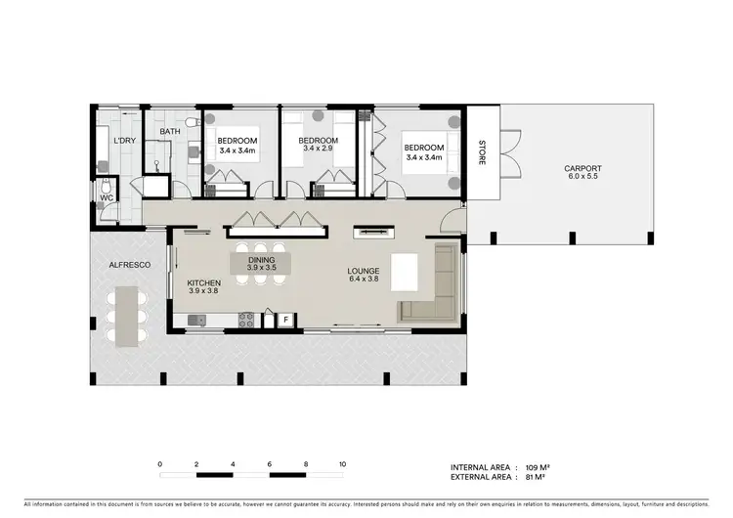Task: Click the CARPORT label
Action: tap(582, 169)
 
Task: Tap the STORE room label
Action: tap(481, 154)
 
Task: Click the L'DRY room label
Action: tap(124, 141)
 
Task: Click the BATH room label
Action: tap(170, 132)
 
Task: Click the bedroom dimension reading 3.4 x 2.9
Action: tap(318, 150)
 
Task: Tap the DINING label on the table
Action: tap(259, 259)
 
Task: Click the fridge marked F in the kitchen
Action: tap(286, 319)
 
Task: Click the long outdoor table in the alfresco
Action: tap(124, 317)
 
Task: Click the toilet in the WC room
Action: tap(106, 188)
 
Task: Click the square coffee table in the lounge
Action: tap(405, 272)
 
